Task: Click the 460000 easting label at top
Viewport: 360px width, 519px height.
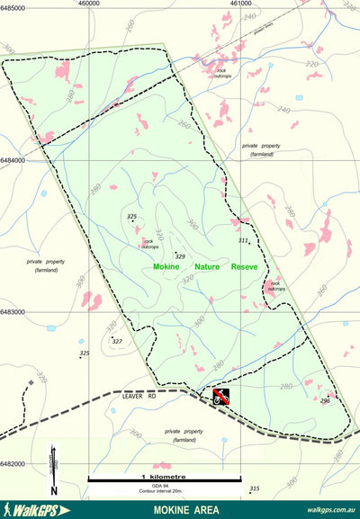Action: click(x=88, y=4)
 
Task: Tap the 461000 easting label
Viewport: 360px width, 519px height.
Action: click(x=240, y=4)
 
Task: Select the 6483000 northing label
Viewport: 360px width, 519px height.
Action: click(x=14, y=313)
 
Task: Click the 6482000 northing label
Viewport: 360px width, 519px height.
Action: click(x=14, y=464)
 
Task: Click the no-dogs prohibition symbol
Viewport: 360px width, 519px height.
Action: click(x=222, y=396)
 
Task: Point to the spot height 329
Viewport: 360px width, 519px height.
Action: click(x=180, y=257)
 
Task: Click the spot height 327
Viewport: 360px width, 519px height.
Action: click(x=116, y=342)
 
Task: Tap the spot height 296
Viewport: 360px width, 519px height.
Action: click(x=325, y=400)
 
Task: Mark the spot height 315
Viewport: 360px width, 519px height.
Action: click(x=255, y=488)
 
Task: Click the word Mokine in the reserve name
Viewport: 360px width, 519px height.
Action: click(x=166, y=267)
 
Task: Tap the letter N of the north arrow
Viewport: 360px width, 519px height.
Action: click(x=54, y=490)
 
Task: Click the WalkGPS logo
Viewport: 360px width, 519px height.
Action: click(x=36, y=509)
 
